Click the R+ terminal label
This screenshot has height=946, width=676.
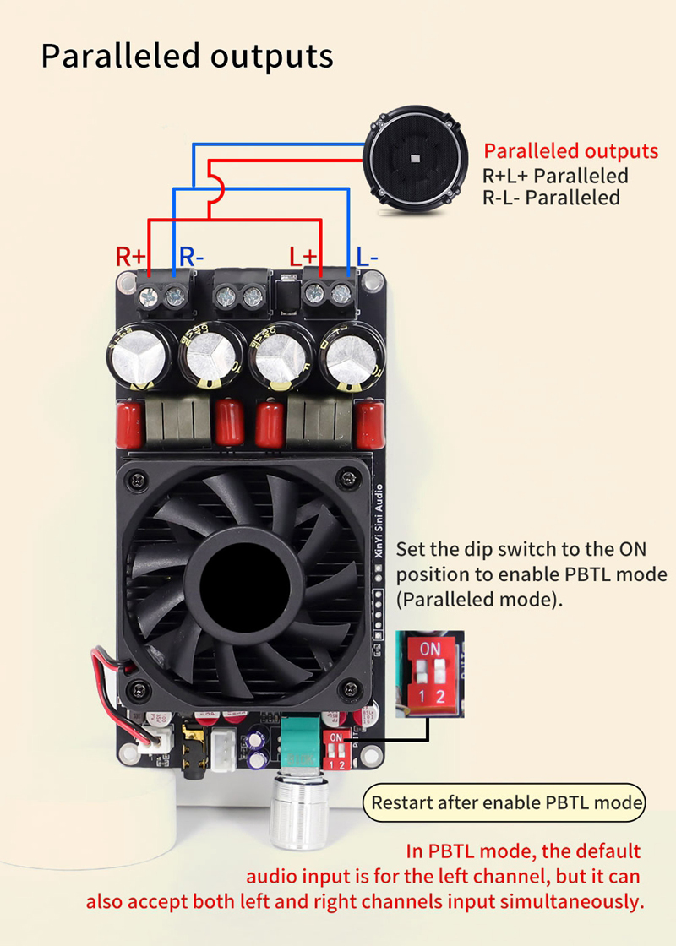131,255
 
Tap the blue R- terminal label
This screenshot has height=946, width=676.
189,255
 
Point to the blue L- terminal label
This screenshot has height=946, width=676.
367,255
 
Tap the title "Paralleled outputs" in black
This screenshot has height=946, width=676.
187,57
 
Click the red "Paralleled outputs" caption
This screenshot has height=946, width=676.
570,152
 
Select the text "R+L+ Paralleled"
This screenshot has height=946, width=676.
555,176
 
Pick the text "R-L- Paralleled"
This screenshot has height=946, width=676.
551,198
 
